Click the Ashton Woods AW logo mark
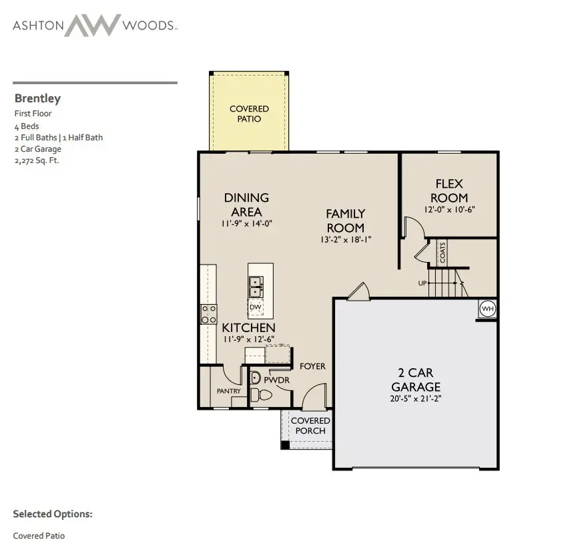coord(92,26)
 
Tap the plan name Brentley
coord(37,98)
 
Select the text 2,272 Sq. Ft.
coord(37,160)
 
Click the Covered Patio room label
coord(249,114)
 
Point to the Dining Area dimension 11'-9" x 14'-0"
coord(246,223)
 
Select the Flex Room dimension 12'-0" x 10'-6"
coord(449,209)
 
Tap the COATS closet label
coord(443,253)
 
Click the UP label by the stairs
coord(422,283)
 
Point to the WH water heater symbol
coord(487,309)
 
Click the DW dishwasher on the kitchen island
coord(255,307)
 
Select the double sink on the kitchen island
coord(255,287)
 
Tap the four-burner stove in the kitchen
coord(209,314)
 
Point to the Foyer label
coord(312,366)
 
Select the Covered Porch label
coord(310,426)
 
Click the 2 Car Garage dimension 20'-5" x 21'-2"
coord(416,398)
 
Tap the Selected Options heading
coord(52,514)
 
